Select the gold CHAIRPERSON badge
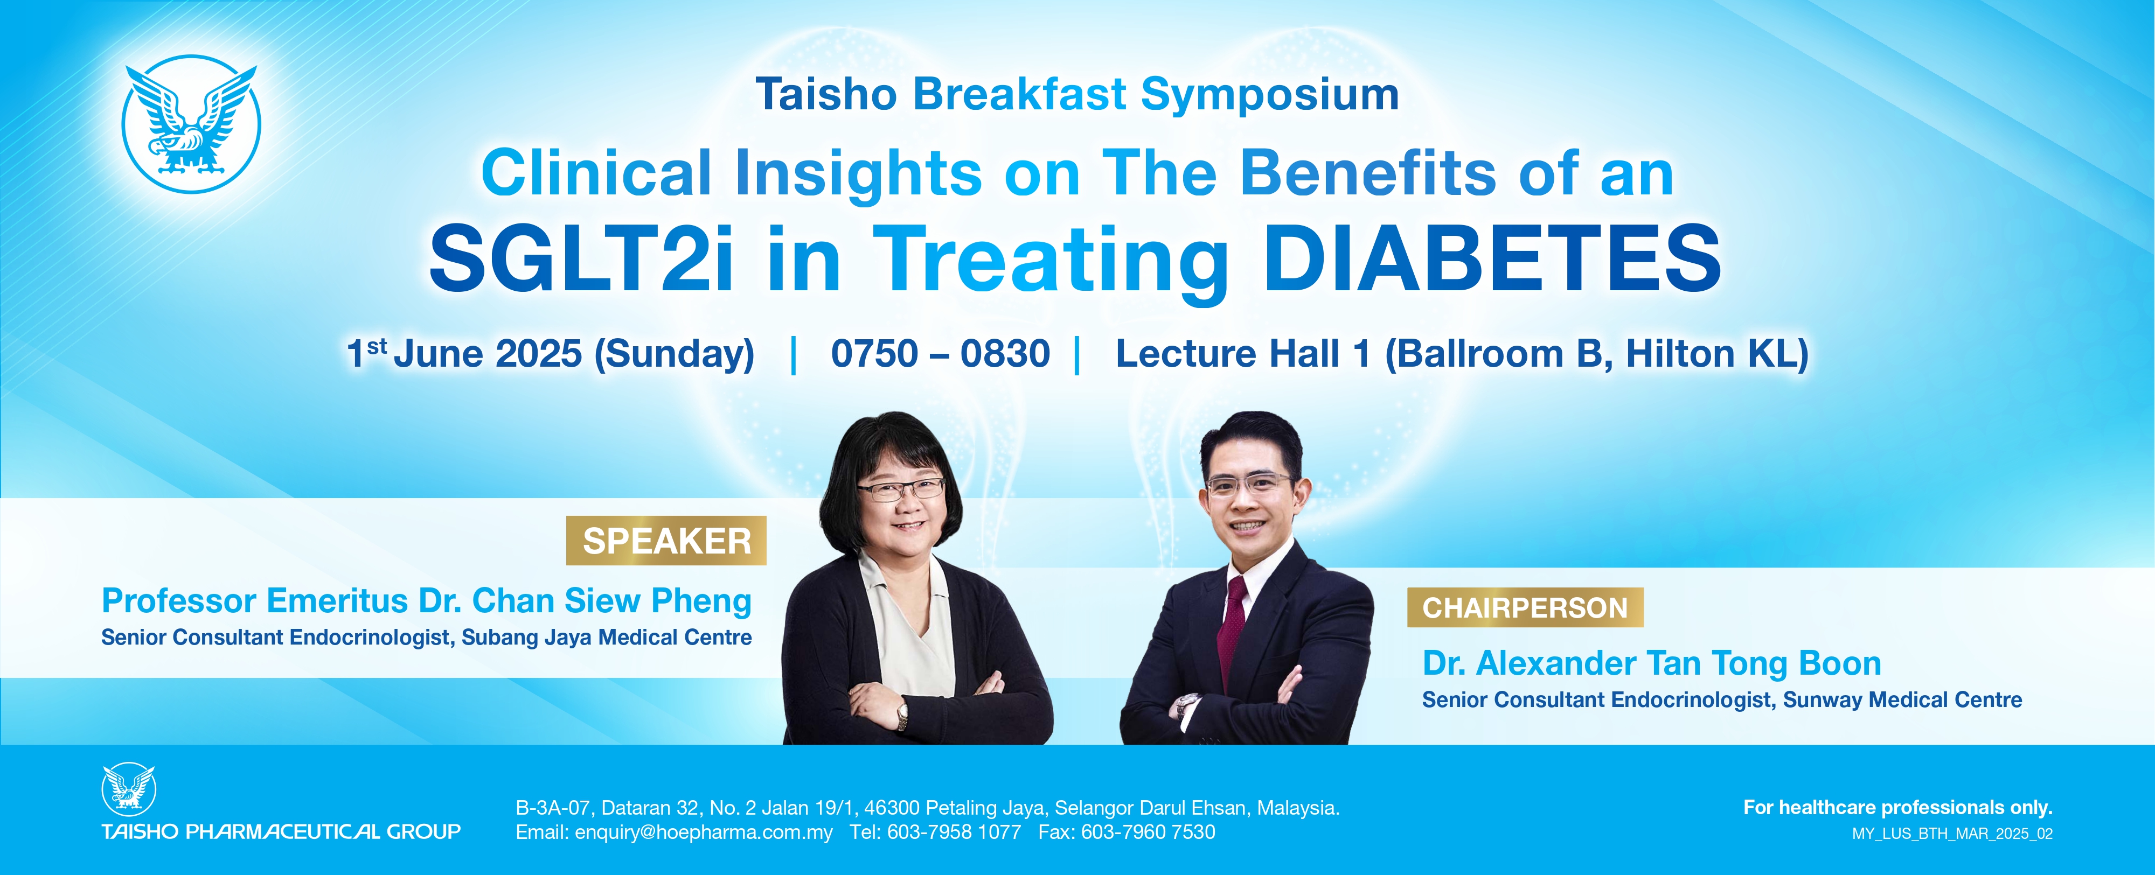1525,607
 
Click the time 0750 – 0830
940,353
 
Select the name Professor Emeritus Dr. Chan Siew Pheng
427,600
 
